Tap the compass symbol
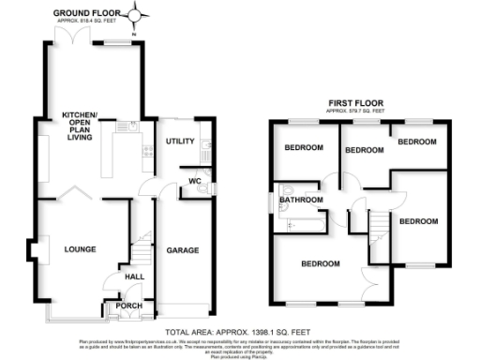click(x=140, y=13)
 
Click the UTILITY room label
click(x=180, y=142)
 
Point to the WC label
click(x=195, y=180)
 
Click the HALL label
click(x=133, y=276)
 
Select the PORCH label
click(x=127, y=306)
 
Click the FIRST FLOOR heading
click(x=352, y=102)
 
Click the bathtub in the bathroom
click(x=298, y=222)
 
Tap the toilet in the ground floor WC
click(x=205, y=193)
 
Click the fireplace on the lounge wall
click(x=39, y=251)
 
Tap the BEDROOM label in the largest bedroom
click(x=320, y=264)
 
